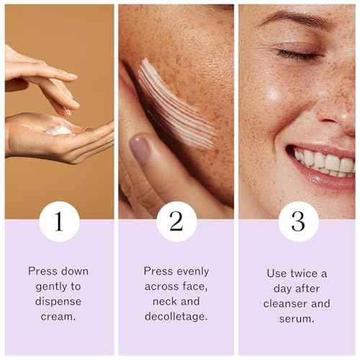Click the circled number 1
pos(59,222)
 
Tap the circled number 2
pos(176,222)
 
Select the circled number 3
pos(298,222)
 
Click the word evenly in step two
pos(192,271)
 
